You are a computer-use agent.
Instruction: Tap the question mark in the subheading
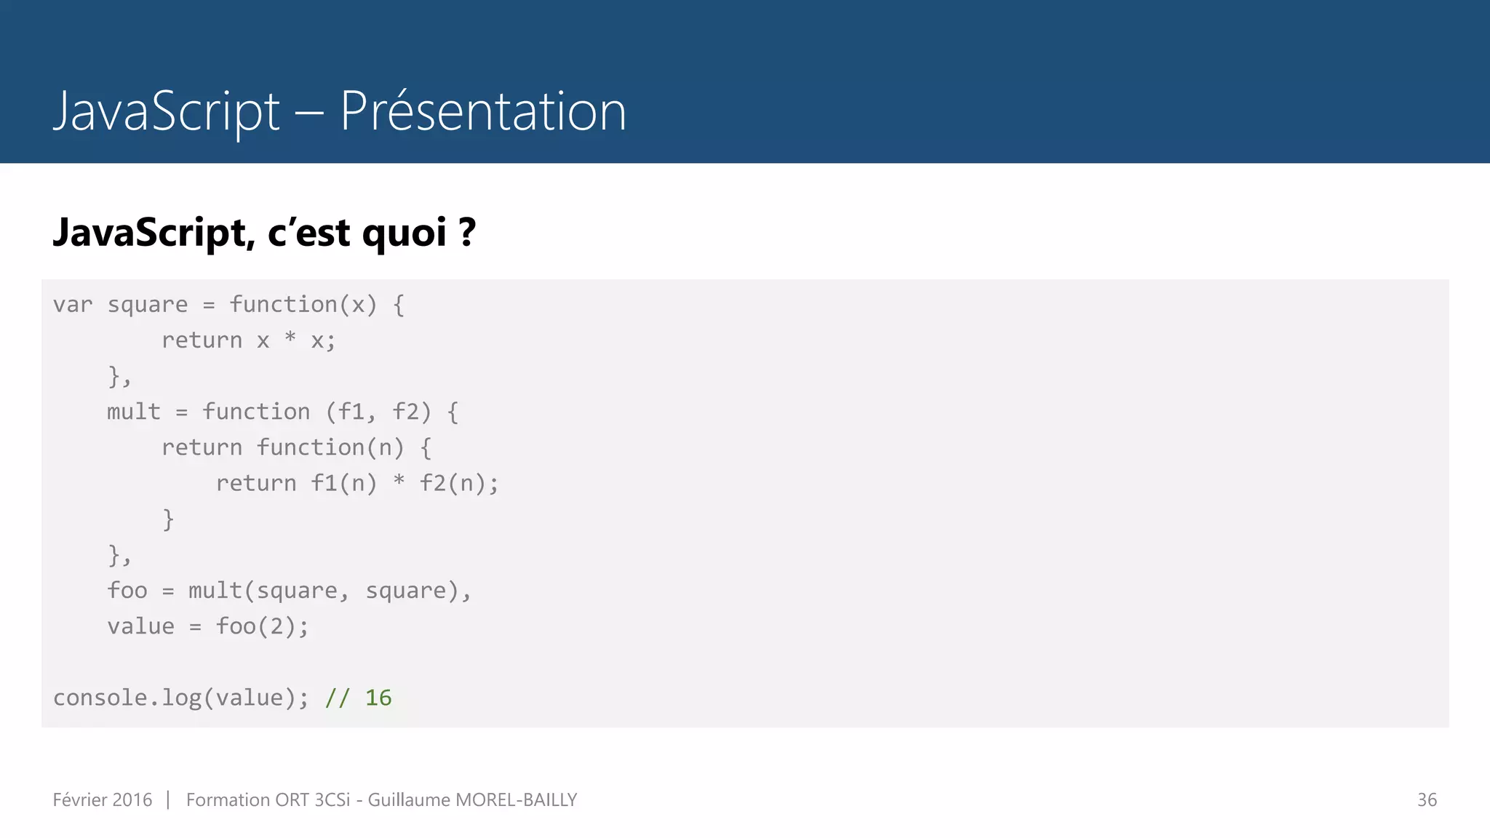coord(467,232)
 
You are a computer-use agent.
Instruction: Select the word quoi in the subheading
coord(404,234)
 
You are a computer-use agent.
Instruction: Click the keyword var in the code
coord(73,304)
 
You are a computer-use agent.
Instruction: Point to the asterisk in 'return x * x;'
coord(290,338)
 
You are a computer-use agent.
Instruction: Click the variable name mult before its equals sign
coord(133,412)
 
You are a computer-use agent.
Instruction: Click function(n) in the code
coord(330,447)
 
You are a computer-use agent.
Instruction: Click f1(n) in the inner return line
coord(343,483)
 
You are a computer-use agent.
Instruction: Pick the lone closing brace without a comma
coord(168,519)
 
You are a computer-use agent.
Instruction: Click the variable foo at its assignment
coord(127,590)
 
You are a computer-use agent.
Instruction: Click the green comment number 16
coord(378,698)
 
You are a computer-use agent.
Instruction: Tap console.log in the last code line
coord(127,698)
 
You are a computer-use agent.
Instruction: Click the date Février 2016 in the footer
coord(103,799)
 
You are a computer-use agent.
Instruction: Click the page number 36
coord(1427,799)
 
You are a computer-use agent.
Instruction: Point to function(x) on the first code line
coord(303,304)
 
